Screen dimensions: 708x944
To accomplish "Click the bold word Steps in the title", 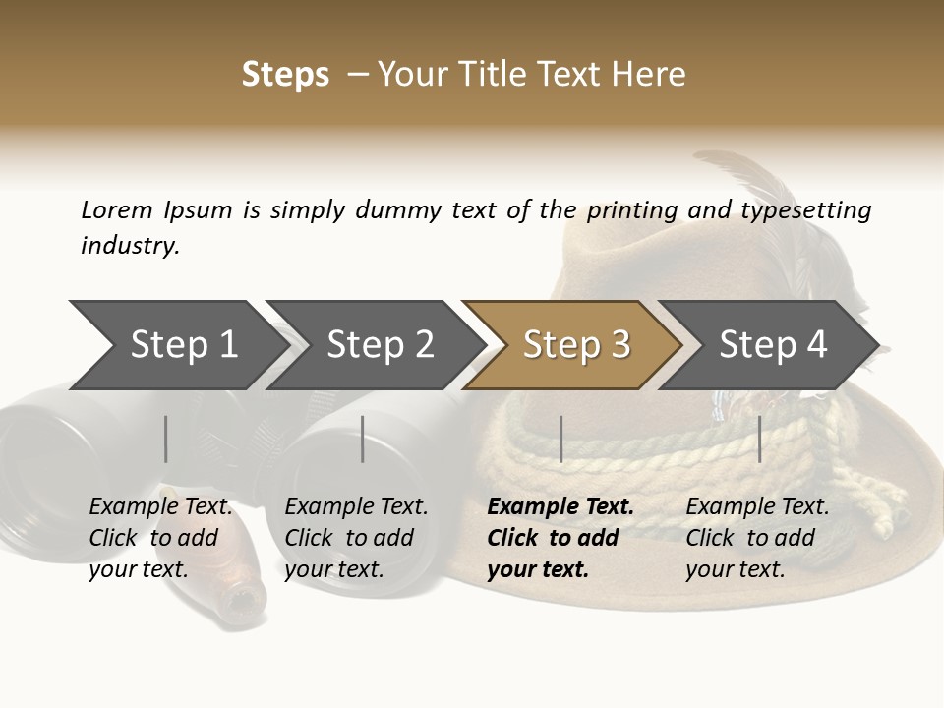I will point(285,75).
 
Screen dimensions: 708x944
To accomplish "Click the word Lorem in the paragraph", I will point(117,209).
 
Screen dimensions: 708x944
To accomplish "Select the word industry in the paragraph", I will point(130,245).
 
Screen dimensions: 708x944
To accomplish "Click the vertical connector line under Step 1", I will point(166,439).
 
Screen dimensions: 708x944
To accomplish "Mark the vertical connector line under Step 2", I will point(363,439).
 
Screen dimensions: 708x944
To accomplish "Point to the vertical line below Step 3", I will point(560,439).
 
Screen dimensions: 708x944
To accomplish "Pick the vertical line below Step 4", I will point(760,439).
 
